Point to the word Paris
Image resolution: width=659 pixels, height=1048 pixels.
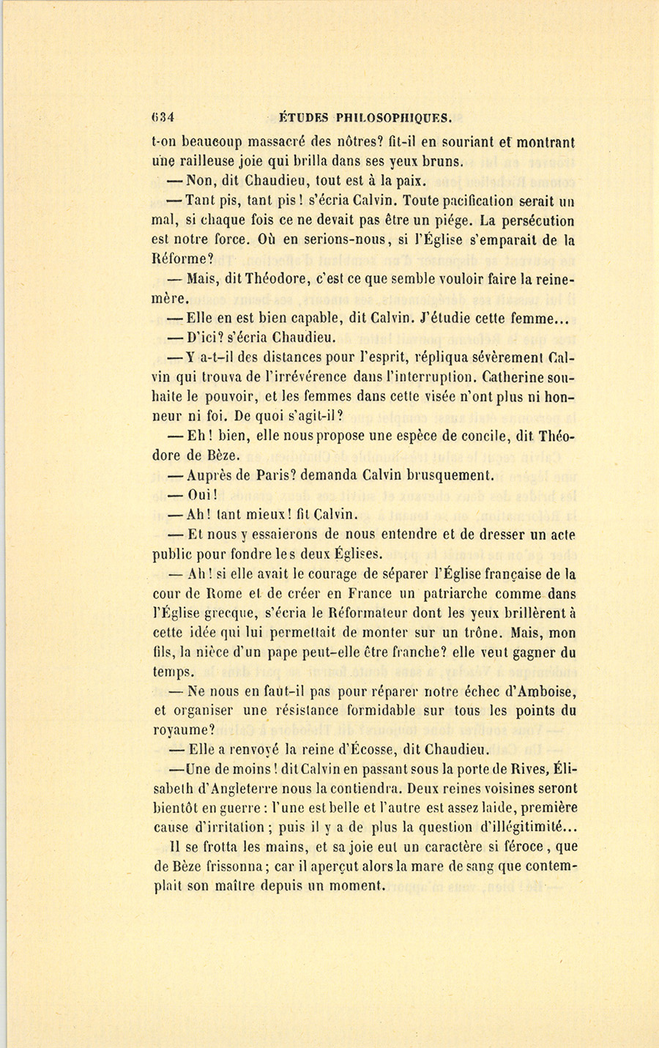[x=257, y=475]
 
